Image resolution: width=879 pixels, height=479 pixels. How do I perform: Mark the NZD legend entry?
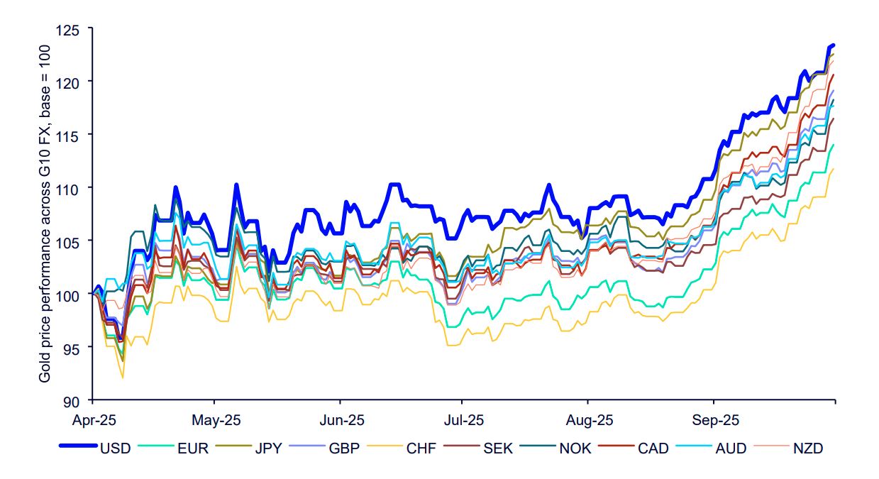(x=809, y=448)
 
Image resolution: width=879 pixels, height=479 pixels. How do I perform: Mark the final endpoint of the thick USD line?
(x=833, y=45)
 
